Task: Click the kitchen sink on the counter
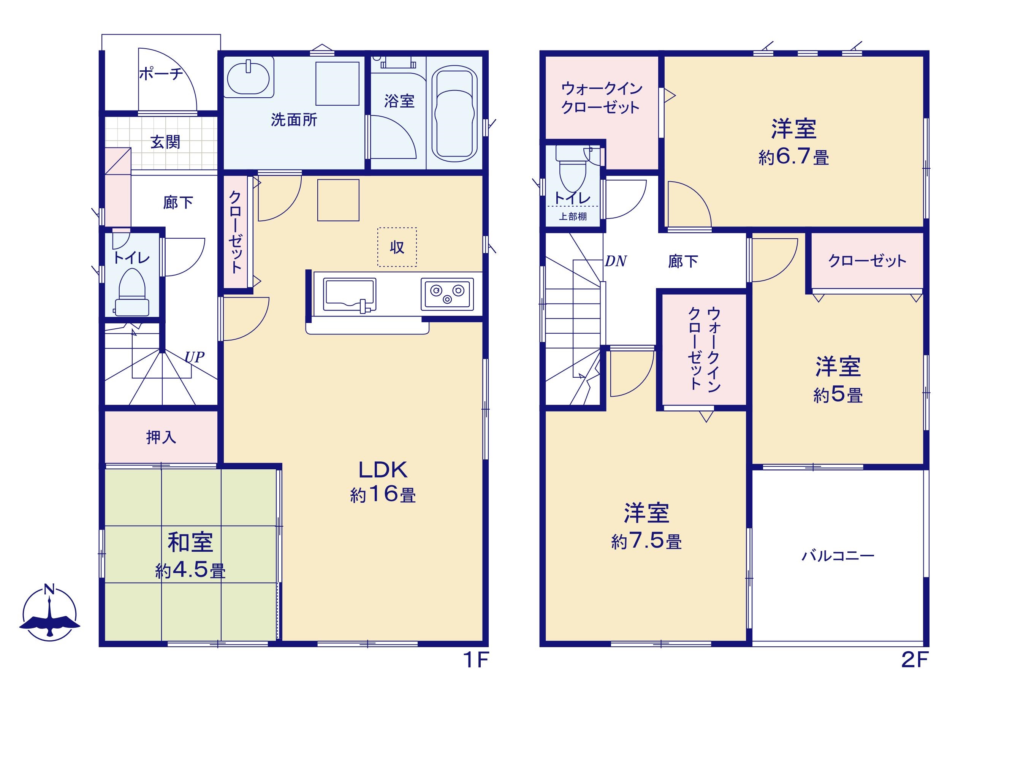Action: [349, 294]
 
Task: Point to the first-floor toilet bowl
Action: [132, 292]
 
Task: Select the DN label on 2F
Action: [616, 261]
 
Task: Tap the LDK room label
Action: [383, 470]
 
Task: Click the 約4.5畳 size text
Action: [190, 570]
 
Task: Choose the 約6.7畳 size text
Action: [794, 157]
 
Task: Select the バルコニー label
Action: [838, 556]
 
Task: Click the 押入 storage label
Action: [161, 437]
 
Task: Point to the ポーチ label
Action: [161, 73]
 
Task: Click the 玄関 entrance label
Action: [165, 142]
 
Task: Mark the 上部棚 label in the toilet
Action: [573, 217]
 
